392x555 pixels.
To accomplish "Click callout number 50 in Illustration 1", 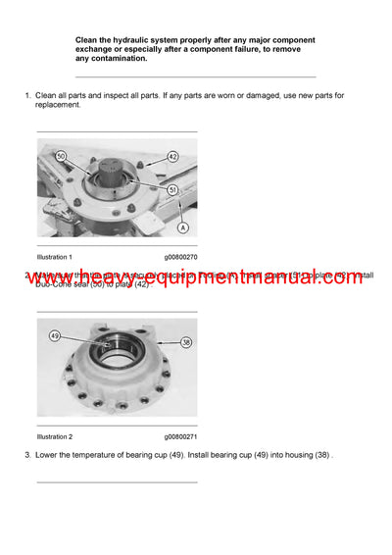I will point(61,157).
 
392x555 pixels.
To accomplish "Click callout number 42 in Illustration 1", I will point(172,155).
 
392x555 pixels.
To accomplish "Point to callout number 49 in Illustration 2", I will point(55,336).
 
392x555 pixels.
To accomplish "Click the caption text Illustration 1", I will point(55,256).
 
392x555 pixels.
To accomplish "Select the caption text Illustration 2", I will point(55,436).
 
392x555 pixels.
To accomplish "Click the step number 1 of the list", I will point(26,94).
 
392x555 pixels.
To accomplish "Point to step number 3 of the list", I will point(26,456).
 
